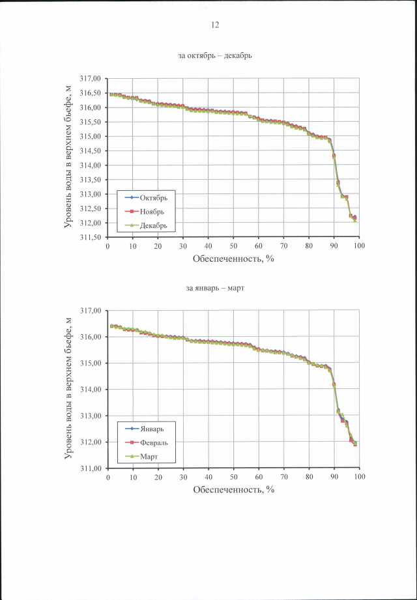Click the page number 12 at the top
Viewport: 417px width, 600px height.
pos(215,25)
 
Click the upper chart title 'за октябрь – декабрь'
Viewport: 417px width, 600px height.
pos(215,56)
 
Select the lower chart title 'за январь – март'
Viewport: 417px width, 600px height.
pos(215,288)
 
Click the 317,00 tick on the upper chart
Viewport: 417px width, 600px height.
pos(91,79)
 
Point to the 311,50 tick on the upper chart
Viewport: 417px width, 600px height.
pos(91,238)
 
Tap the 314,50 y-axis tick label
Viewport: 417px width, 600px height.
pos(91,150)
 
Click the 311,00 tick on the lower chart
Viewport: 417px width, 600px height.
pos(91,468)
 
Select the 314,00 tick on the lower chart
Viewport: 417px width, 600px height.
pos(91,390)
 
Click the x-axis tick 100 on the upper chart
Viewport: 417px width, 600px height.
pos(359,246)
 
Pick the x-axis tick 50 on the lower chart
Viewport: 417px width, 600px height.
pos(233,478)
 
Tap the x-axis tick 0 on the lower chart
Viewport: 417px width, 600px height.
pos(108,478)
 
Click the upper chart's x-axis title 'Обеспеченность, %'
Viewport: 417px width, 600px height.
pos(233,259)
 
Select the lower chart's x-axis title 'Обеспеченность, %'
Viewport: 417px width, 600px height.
pos(233,490)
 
